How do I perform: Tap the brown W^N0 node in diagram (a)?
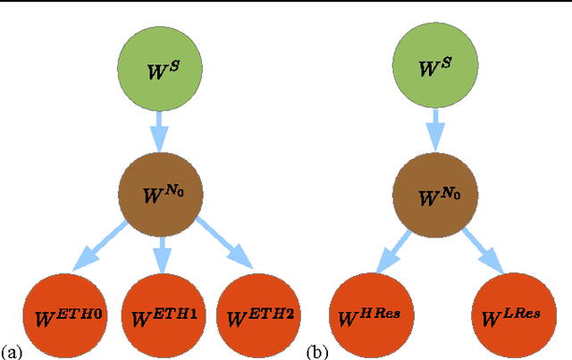pos(156,190)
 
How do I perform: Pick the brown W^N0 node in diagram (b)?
pos(433,190)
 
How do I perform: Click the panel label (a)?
pos(12,351)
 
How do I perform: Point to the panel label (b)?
pos(316,351)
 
